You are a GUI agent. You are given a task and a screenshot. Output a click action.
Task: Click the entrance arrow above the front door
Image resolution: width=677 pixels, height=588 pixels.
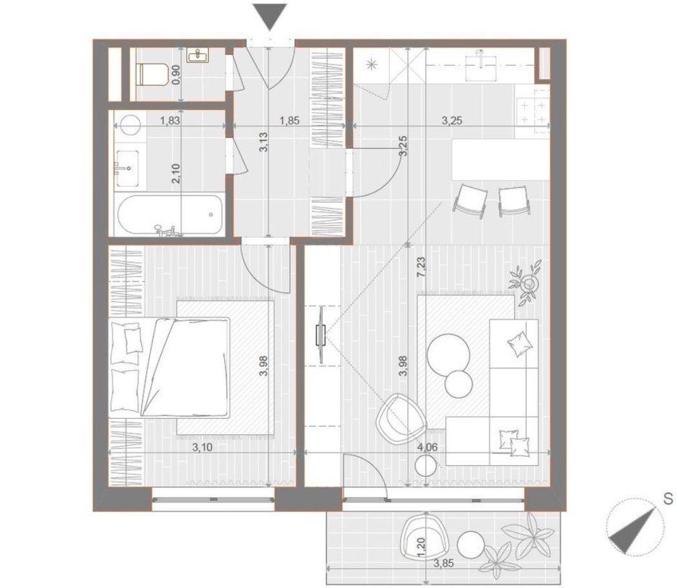point(270,16)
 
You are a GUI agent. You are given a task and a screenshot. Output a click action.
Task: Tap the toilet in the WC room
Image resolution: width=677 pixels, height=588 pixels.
point(151,74)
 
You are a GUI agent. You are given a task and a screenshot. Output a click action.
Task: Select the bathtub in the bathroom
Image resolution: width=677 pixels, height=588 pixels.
point(169,215)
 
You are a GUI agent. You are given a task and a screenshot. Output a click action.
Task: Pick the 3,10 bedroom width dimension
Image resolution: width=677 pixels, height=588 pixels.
point(202,447)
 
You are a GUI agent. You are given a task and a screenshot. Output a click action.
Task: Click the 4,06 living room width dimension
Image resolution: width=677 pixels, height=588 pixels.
point(428,447)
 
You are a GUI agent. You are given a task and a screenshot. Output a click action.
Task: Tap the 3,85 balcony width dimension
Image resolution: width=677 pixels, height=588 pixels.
point(443,563)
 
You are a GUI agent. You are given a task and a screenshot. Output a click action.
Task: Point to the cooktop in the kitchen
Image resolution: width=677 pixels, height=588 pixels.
point(532,111)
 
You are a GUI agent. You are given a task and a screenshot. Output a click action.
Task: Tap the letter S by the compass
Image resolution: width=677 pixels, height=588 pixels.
point(668,499)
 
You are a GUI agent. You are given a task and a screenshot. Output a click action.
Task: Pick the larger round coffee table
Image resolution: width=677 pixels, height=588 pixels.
point(448,354)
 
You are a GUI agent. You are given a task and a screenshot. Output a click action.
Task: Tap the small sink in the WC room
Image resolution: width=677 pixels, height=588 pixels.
point(198,56)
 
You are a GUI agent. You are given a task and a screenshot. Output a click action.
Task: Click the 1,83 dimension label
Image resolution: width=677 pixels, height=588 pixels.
point(170,121)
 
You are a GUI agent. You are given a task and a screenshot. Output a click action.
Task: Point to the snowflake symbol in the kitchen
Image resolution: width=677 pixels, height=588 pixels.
point(371,65)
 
